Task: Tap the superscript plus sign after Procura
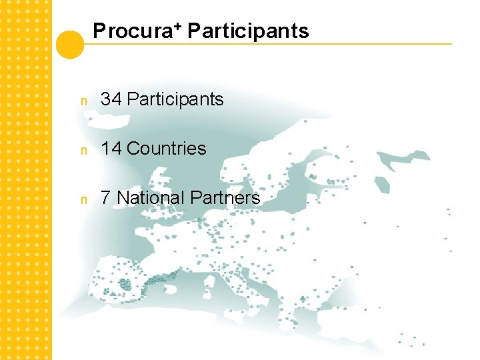point(179,27)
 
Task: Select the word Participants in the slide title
point(248,31)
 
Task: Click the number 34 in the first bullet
point(111,99)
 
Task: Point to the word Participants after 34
point(175,99)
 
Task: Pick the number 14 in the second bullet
point(111,149)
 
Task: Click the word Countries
point(166,149)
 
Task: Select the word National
point(151,198)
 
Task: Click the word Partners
point(225,198)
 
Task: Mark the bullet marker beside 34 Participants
point(83,101)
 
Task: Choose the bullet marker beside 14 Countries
point(83,150)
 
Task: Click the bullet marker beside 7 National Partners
point(83,199)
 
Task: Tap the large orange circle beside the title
point(70,45)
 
